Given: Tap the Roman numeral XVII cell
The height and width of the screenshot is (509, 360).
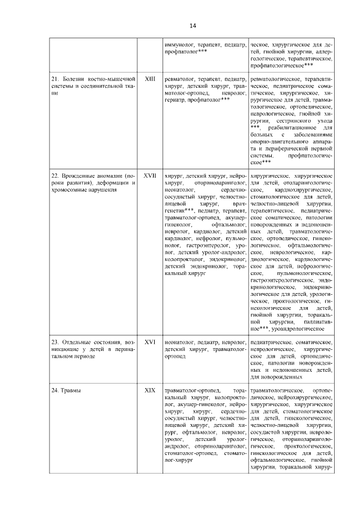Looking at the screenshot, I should click(x=150, y=175).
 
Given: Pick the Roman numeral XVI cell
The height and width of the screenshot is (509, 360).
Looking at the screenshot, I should click(x=150, y=342).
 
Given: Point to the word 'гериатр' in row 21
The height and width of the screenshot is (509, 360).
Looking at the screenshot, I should click(x=175, y=100).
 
